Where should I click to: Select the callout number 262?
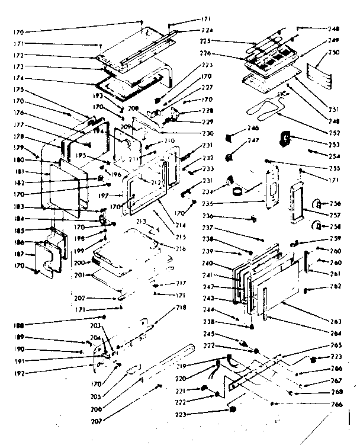336,286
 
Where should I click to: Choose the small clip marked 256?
317,201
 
